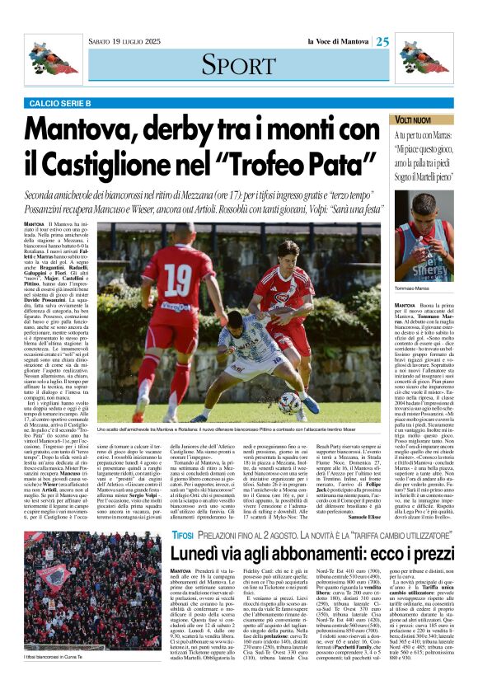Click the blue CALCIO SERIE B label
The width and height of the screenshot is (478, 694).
(x=61, y=101)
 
